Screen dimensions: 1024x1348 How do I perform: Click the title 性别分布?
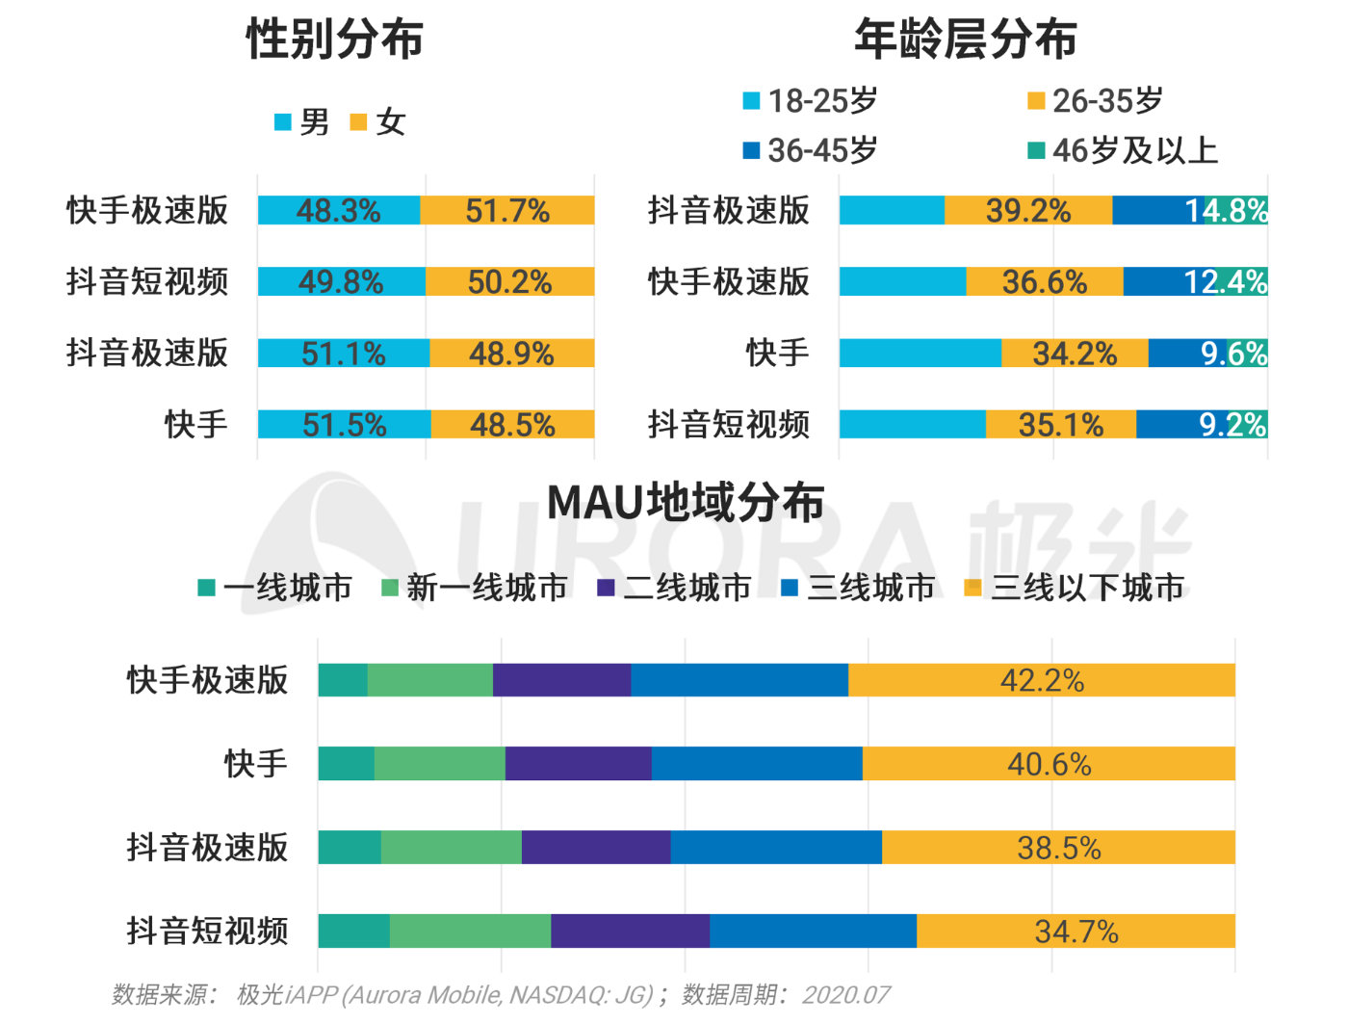(334, 39)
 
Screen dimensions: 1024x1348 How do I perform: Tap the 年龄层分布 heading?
(965, 39)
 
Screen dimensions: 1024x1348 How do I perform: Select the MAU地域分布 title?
(686, 502)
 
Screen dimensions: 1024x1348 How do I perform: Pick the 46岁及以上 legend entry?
(1123, 150)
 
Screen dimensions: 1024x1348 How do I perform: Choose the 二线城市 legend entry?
(674, 587)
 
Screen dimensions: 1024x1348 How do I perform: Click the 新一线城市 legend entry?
(475, 587)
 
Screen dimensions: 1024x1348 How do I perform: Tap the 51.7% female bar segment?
(507, 210)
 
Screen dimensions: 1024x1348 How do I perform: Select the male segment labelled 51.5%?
(344, 424)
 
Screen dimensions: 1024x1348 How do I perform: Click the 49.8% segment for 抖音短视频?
(341, 281)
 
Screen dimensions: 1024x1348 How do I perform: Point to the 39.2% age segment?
(1027, 210)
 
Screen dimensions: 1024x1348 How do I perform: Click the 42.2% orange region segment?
(1042, 680)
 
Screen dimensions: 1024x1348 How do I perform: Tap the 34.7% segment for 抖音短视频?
(1076, 931)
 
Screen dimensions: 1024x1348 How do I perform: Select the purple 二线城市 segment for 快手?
(578, 764)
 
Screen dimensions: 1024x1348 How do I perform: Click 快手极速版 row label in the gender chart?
(147, 210)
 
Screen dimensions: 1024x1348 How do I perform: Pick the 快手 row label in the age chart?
(777, 353)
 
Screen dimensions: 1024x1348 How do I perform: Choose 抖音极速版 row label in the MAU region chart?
(207, 848)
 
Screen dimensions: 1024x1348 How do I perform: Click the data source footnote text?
(501, 994)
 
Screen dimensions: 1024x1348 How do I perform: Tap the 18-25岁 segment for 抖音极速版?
(891, 210)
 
